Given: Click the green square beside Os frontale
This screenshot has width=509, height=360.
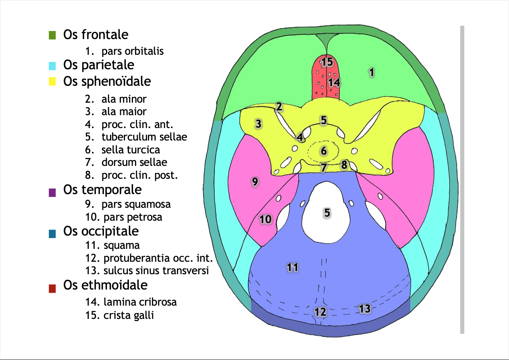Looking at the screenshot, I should tap(52, 35).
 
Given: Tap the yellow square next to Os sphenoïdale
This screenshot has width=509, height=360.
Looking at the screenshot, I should tap(52, 82).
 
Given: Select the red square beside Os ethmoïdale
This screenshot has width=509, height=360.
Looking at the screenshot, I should tap(52, 288).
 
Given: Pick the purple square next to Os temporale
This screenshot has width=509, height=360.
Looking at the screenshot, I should tap(52, 192).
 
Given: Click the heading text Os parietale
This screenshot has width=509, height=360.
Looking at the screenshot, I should tap(99, 64).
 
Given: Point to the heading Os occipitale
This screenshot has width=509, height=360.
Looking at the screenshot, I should tap(101, 231).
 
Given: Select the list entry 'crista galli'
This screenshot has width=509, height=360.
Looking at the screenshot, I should tap(128, 315).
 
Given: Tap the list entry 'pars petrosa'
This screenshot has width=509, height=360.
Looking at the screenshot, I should tap(133, 217).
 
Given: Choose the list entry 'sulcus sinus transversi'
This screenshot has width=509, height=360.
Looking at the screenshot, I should tap(156, 271).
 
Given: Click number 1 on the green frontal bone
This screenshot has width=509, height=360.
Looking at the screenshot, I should tap(372, 72).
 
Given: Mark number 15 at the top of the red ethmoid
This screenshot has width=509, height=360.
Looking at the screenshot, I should tap(327, 62).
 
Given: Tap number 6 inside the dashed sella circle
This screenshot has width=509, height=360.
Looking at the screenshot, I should tap(323, 151).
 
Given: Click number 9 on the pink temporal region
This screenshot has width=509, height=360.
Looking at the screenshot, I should tap(255, 182).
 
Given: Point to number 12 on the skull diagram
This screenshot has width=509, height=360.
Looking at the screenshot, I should tap(320, 311).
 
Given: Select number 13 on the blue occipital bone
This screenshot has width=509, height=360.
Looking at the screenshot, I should tap(364, 309).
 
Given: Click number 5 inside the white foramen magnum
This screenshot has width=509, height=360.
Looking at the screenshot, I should tap(327, 213).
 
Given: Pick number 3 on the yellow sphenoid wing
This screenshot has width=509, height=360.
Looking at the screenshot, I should tap(258, 124).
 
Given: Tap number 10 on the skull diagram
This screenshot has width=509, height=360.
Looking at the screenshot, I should tap(266, 219).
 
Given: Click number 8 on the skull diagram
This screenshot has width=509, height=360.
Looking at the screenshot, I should tap(344, 165).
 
